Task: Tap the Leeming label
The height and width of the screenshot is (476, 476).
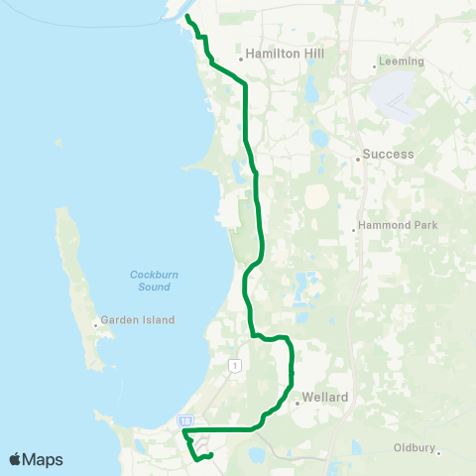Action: pos(402,60)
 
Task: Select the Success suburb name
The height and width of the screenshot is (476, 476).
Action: pos(388,155)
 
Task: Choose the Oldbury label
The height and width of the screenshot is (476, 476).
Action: pos(414,448)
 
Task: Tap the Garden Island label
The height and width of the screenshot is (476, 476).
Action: pos(139,320)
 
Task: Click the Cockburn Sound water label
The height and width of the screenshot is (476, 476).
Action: pos(150,281)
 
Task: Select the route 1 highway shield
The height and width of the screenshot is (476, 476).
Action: pos(234,366)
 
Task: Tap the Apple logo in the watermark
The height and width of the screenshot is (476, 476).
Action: pos(15,459)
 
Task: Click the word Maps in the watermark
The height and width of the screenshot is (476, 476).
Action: pos(44,459)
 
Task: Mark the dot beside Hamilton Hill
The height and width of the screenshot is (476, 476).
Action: pos(241,58)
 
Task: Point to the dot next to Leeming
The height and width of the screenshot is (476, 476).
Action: pos(374,66)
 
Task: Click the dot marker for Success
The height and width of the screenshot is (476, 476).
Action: pos(357,157)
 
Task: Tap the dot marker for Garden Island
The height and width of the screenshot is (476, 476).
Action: pos(97,322)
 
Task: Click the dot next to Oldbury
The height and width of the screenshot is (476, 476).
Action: pos(439,453)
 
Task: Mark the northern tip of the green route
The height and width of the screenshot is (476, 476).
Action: pos(187,18)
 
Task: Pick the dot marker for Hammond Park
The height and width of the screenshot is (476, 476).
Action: pos(354,231)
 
